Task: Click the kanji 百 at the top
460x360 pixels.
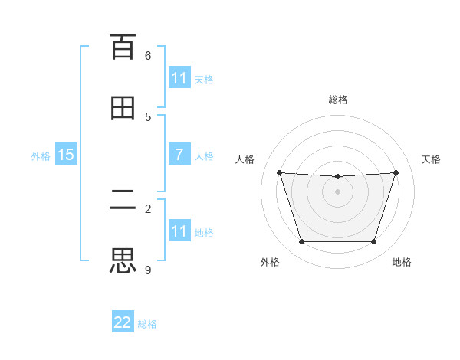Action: (123, 47)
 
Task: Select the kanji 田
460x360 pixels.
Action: (123, 107)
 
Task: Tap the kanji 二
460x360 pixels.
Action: (123, 201)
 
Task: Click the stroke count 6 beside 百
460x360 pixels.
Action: (148, 55)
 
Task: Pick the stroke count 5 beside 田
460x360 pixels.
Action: (148, 116)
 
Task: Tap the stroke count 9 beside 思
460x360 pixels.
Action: (148, 270)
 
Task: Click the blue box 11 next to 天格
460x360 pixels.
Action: (179, 78)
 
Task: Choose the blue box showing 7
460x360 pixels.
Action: (179, 155)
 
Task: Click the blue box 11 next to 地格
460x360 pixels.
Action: (179, 231)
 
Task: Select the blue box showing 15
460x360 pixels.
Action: (66, 155)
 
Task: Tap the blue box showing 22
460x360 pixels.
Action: (123, 322)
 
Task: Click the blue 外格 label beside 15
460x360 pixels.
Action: (41, 156)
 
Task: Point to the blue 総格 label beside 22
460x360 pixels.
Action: (147, 324)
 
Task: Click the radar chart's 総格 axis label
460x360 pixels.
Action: (338, 100)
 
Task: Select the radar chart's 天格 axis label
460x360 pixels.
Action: (431, 159)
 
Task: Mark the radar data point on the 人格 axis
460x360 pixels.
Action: (279, 172)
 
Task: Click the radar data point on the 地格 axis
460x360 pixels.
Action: (373, 242)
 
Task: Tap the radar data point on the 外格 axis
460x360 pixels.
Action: (301, 242)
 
